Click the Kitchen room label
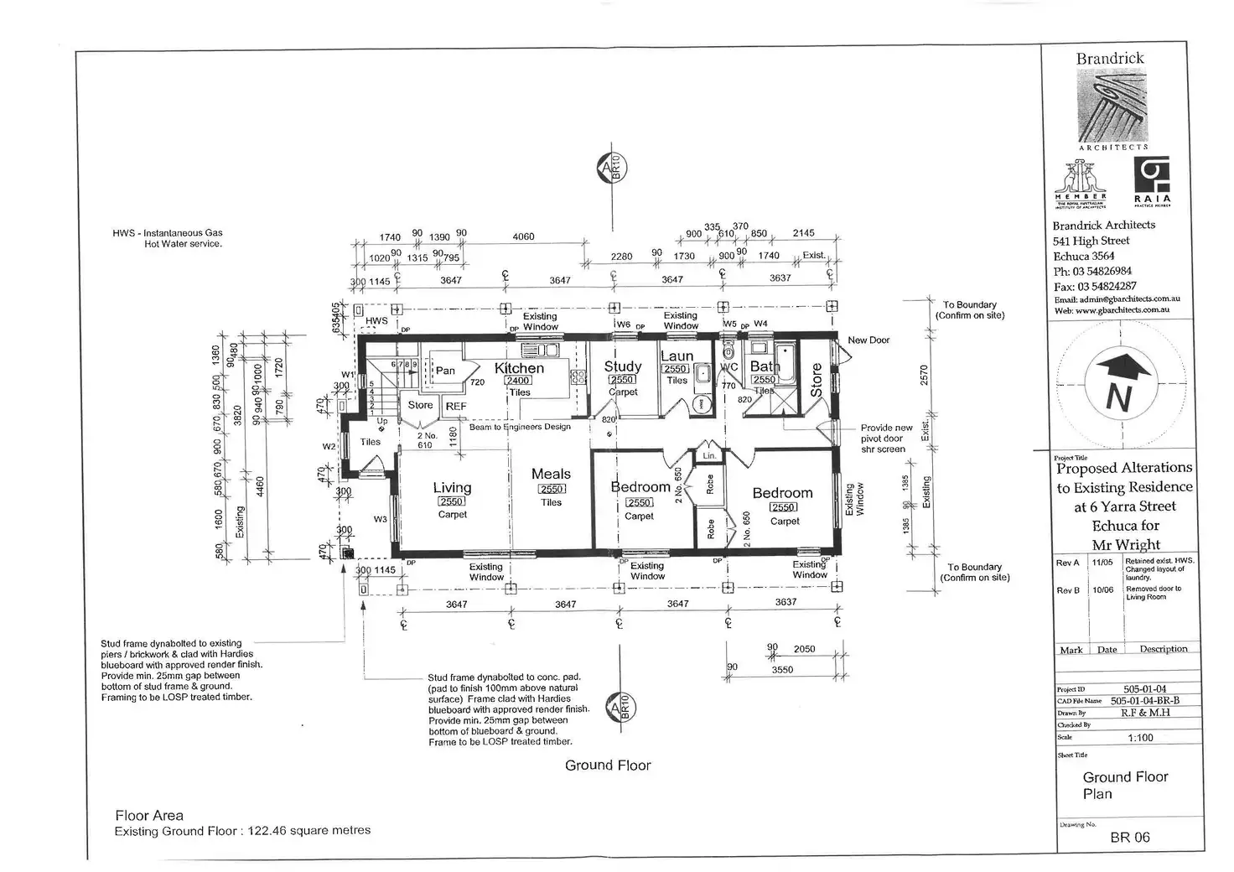[x=519, y=368]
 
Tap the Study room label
[x=623, y=366]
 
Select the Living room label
[x=452, y=487]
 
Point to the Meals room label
[x=551, y=474]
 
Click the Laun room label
[x=677, y=356]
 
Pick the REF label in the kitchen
[x=456, y=407]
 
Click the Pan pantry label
[x=445, y=371]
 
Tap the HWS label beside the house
[x=376, y=321]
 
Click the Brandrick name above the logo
[x=1110, y=59]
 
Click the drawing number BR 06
[x=1130, y=837]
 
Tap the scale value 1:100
[x=1140, y=738]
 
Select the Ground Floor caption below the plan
[x=608, y=765]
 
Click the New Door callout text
[x=868, y=340]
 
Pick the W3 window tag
[x=381, y=519]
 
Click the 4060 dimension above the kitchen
[x=523, y=237]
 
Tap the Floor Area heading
[x=149, y=815]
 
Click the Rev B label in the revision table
[x=1067, y=590]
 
